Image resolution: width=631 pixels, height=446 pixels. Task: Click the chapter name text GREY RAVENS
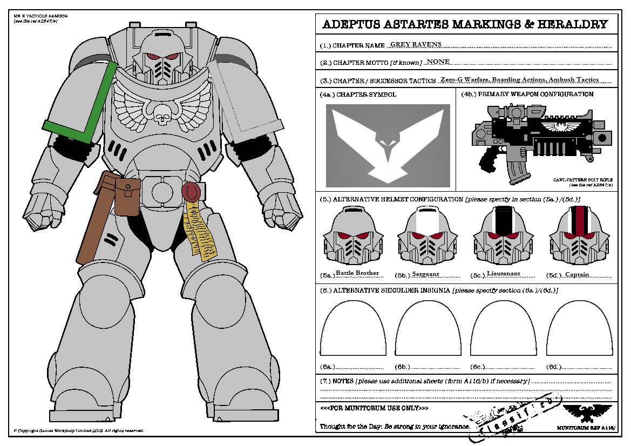pyautogui.click(x=416, y=44)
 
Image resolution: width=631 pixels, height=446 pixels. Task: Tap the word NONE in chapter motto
pyautogui.click(x=438, y=62)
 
